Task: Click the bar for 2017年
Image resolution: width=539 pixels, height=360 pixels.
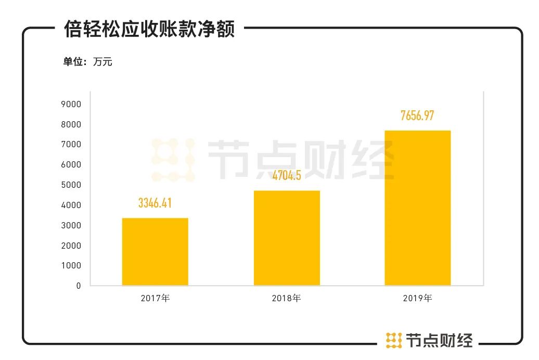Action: (x=155, y=251)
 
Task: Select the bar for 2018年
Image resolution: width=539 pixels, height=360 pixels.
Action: (x=287, y=238)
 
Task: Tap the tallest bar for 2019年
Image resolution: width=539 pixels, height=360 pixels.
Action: (x=417, y=208)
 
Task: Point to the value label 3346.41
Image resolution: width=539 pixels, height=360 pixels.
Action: (x=155, y=203)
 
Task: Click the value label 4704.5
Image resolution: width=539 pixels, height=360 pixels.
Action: (x=287, y=175)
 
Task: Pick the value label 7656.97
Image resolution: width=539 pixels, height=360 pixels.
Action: (x=417, y=115)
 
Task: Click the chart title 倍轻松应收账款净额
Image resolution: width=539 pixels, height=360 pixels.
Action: (x=149, y=29)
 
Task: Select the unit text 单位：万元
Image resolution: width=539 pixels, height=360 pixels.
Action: (x=87, y=62)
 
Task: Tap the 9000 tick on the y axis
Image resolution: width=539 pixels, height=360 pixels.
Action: (x=71, y=104)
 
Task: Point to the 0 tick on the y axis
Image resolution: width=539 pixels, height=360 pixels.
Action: (x=79, y=286)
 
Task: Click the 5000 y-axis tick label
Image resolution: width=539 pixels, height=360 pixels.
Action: (x=71, y=185)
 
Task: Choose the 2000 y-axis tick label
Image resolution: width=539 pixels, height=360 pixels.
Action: (x=71, y=246)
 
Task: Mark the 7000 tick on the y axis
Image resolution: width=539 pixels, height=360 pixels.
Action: (x=71, y=144)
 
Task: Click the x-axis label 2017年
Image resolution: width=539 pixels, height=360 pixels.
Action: (x=155, y=299)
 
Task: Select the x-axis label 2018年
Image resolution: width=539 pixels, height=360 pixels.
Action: (x=287, y=299)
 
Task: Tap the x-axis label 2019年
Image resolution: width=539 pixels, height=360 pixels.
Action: (x=417, y=299)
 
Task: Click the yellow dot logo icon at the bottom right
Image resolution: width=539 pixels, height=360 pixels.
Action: (x=394, y=340)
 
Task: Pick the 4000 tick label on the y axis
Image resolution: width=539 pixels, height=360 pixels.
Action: (x=71, y=205)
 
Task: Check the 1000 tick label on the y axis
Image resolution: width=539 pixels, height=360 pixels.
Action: (x=71, y=265)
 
